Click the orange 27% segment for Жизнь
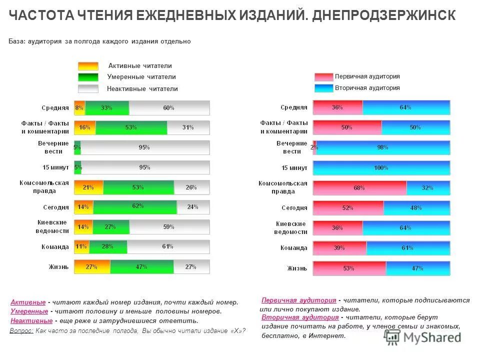coord(92,267)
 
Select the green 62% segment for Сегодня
coord(135,207)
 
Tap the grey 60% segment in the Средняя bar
coord(169,108)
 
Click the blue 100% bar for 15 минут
coord(381,168)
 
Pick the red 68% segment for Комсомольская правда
coord(359,188)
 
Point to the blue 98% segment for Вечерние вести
coord(383,148)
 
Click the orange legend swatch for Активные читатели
coord(88,66)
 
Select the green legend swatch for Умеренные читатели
coord(88,77)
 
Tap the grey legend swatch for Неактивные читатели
coord(88,88)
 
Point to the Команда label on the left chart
coord(55,246)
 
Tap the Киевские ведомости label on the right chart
coord(290,228)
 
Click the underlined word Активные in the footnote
coord(28,302)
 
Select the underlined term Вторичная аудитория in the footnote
coord(298,317)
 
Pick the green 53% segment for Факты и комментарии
coord(131,127)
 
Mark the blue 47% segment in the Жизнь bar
coord(417,268)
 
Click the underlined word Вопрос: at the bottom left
coord(21,331)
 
